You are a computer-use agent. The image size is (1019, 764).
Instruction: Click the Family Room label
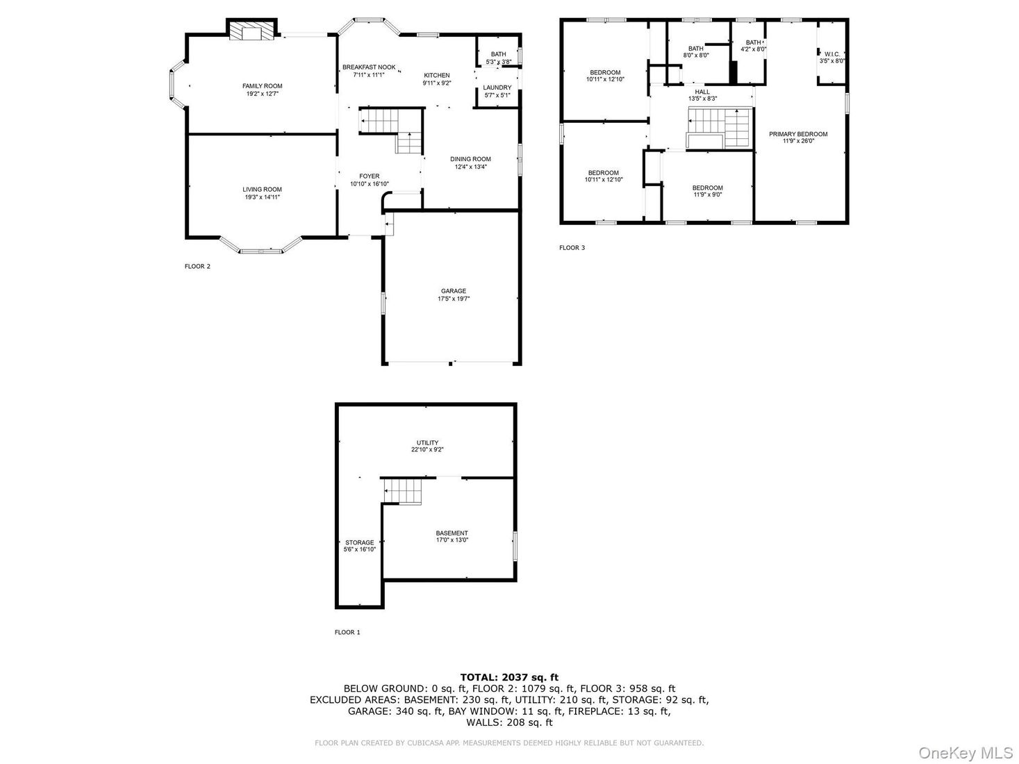[262, 86]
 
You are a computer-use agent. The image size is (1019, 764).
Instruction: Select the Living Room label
[262, 190]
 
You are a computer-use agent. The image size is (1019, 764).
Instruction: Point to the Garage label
[453, 291]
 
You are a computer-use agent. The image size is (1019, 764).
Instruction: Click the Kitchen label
[436, 75]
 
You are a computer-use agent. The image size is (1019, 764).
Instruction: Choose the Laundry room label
[497, 88]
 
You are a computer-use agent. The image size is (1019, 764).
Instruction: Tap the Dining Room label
[470, 159]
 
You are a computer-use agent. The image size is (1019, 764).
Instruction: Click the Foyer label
[369, 176]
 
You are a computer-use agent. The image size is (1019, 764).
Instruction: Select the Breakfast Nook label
[369, 67]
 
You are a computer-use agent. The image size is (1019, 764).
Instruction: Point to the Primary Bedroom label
[798, 134]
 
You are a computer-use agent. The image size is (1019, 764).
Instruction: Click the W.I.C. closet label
[832, 54]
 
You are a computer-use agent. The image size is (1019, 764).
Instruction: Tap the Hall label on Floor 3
[702, 92]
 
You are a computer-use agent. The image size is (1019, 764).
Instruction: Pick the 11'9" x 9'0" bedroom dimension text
[708, 194]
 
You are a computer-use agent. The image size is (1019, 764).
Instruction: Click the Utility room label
[427, 443]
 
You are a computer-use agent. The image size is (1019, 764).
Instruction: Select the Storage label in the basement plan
[359, 542]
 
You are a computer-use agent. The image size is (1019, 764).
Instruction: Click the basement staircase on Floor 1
[402, 491]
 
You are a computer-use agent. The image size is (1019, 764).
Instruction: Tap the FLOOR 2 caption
[197, 267]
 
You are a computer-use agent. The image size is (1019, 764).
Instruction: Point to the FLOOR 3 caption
[572, 248]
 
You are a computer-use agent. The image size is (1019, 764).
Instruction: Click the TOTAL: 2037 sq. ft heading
[509, 677]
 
